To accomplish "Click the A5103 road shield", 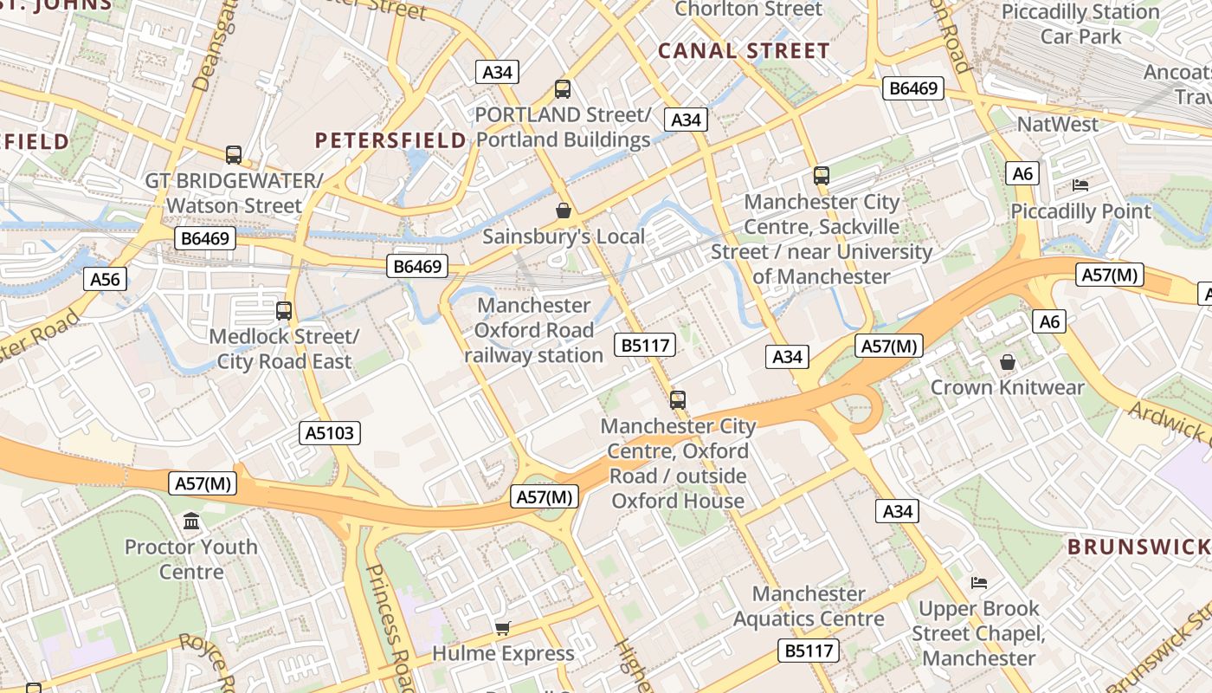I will coord(330,433).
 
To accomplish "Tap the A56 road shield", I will coord(106,278).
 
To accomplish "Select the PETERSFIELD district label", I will coord(390,140).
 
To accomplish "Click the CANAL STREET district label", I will coord(744,51).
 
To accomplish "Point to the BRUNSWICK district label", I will coord(1138,547).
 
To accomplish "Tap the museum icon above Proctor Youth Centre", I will coord(191,521).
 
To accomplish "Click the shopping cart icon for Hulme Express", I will coord(502,628).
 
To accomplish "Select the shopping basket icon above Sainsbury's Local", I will coord(563,210).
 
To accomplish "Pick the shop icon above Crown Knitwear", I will coord(1007,361).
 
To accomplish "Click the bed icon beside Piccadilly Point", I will coord(1080,185).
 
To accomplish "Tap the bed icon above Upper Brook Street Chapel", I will coord(979,582).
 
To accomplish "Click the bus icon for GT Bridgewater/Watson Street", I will coord(234,155).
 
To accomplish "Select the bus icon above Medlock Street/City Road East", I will coord(284,310).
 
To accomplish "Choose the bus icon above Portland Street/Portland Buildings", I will coord(563,88).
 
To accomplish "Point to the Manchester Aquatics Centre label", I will coord(809,606).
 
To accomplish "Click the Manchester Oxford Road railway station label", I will coord(534,330).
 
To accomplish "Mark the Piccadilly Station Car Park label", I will coord(1080,24).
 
